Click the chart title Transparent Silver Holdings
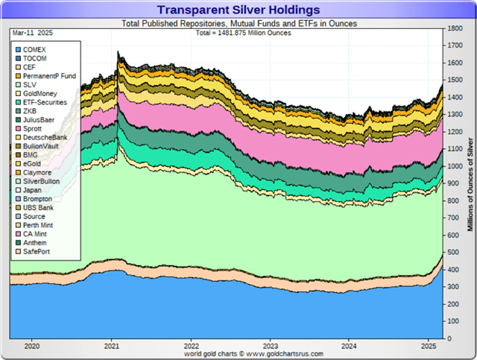(238, 10)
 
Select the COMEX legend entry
(31, 50)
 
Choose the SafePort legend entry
(33, 252)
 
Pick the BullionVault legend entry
(37, 146)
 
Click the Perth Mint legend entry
(34, 225)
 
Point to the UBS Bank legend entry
(35, 207)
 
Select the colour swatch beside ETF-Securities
(18, 103)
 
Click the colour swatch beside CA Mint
(18, 234)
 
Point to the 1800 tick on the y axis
(455, 28)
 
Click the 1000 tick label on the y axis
(455, 166)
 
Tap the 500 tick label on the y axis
(453, 252)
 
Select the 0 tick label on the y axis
(449, 338)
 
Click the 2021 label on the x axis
(112, 346)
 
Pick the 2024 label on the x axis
(349, 346)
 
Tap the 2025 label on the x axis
(429, 346)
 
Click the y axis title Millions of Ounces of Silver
(470, 184)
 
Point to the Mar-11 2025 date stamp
(33, 33)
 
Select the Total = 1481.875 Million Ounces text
(244, 33)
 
